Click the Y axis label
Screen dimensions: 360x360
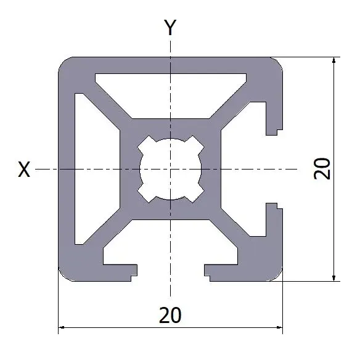pos(170,27)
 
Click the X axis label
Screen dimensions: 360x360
pos(24,170)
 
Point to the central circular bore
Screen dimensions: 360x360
pos(170,169)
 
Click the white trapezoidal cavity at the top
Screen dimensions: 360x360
pos(171,92)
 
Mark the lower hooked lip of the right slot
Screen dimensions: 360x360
pos(272,217)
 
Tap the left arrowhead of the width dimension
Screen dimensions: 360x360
pos(62,327)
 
